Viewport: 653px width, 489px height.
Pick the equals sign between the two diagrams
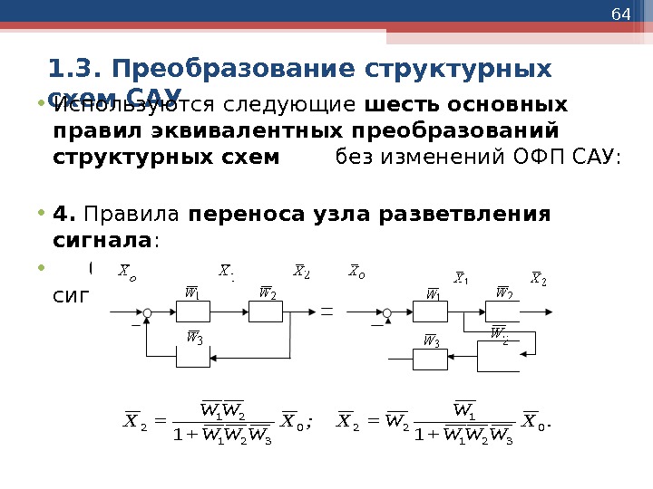(x=327, y=312)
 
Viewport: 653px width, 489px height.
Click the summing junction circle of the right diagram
(x=387, y=312)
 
